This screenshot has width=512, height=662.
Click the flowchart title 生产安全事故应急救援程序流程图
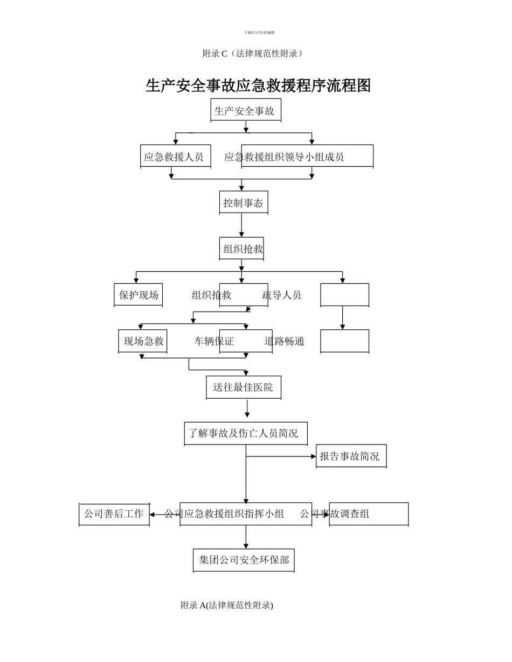click(x=258, y=86)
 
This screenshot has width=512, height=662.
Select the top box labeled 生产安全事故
click(x=245, y=111)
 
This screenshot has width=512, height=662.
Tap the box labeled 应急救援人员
click(x=175, y=157)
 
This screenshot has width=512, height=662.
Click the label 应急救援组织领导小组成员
click(x=284, y=157)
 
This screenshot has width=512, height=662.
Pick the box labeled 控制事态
click(x=243, y=203)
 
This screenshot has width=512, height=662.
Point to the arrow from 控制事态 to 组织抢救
click(x=241, y=226)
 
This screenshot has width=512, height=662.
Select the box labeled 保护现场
click(x=139, y=295)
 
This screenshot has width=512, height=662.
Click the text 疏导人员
click(x=281, y=295)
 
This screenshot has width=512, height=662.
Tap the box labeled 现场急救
click(x=143, y=341)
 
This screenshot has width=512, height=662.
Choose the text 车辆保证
click(x=214, y=341)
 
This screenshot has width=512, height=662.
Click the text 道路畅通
click(x=284, y=341)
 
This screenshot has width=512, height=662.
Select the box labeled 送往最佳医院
click(x=243, y=387)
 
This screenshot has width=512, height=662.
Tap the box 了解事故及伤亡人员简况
click(x=245, y=433)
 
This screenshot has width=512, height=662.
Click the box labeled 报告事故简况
click(x=350, y=456)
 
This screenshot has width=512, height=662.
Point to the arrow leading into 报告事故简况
click(x=280, y=456)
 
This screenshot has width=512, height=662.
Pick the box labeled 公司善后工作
click(x=114, y=514)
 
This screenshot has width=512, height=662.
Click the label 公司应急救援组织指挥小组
click(x=224, y=514)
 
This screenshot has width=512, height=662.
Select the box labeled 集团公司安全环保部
click(x=244, y=560)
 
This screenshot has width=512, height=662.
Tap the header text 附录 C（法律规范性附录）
click(x=253, y=53)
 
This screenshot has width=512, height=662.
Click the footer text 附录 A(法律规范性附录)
click(x=227, y=605)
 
